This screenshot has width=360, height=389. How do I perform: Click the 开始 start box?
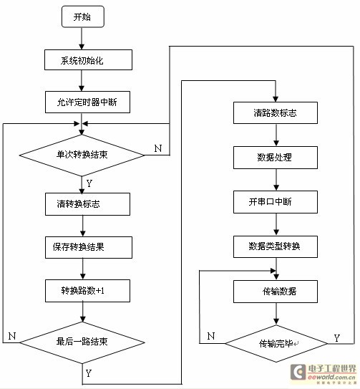83,17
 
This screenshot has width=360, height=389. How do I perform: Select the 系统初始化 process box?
88,59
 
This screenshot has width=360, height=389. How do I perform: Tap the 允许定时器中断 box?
87,102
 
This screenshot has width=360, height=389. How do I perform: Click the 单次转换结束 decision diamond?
82,155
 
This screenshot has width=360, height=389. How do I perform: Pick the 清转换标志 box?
87,204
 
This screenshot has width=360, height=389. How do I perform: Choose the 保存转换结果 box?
89,247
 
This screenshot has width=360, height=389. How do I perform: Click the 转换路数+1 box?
87,291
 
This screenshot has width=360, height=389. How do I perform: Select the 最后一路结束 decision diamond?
82,342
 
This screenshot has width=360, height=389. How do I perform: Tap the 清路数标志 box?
276,113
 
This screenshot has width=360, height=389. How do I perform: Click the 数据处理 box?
276,158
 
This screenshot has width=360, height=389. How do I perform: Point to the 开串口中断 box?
276,202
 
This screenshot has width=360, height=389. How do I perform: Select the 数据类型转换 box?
276,247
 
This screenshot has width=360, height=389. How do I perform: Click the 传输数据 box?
276,292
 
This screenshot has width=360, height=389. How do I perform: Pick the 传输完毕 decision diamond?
276,344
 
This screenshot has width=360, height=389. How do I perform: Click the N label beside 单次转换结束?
158,148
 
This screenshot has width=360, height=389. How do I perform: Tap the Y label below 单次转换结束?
89,183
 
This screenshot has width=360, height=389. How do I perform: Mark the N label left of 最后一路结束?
12,336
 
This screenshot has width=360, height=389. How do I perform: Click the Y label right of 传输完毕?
336,338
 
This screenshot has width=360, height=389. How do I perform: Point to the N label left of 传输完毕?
210,337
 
